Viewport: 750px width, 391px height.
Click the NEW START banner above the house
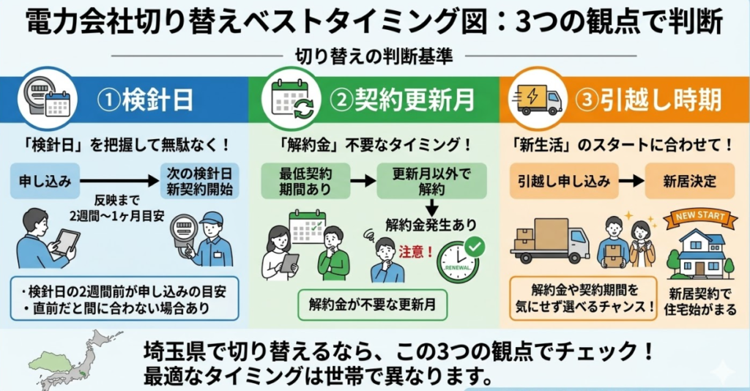(x=694, y=217)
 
